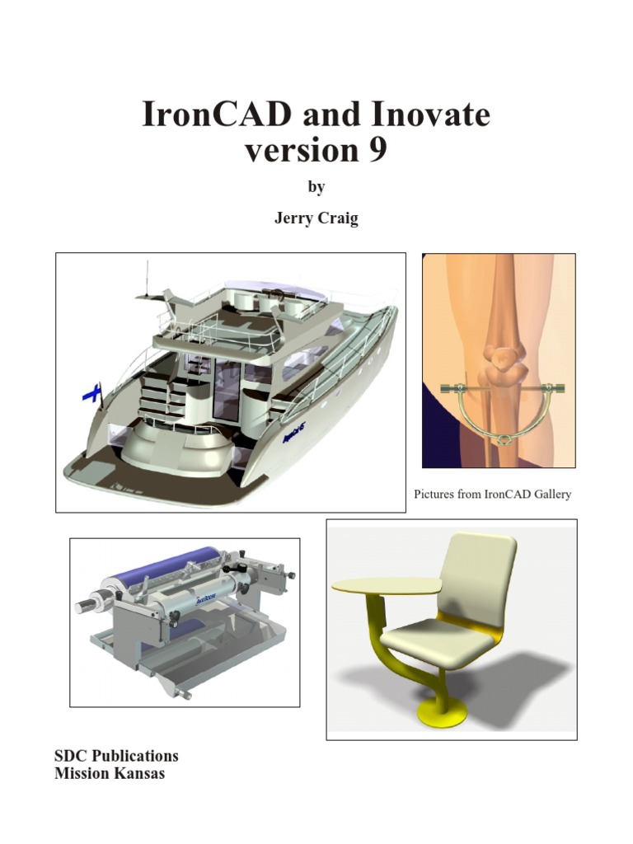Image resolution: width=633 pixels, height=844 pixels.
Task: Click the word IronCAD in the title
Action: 216,115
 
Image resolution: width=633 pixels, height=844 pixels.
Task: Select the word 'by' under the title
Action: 316,188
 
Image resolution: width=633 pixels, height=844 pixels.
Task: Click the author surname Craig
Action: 339,220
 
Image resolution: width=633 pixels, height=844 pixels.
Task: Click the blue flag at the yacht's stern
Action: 91,392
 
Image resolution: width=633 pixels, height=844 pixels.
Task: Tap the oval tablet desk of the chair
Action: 387,584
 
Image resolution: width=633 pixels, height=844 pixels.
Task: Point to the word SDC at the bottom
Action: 71,756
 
